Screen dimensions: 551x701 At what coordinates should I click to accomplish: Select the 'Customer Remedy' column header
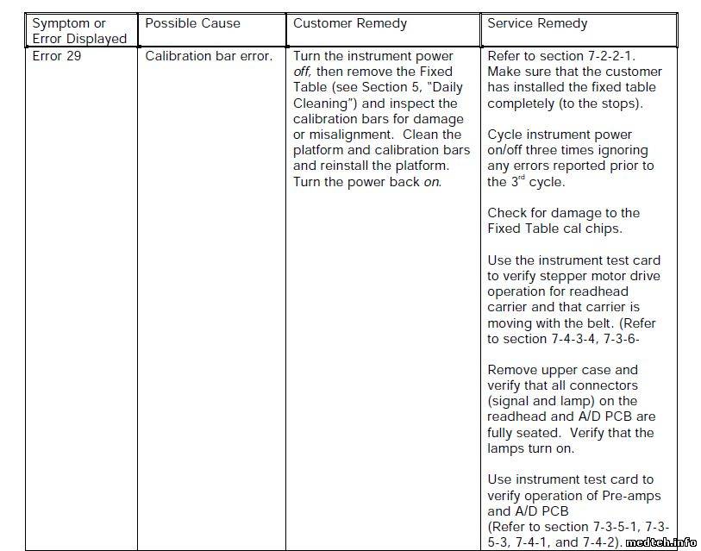pos(349,23)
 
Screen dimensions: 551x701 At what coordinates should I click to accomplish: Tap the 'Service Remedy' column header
pos(537,23)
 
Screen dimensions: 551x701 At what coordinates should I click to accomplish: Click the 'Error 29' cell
pos(58,56)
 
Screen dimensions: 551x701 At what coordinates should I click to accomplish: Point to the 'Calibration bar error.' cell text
pos(209,56)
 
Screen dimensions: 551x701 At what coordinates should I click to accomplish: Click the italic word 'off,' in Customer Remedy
pos(303,72)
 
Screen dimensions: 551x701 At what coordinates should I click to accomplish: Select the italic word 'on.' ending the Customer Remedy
pos(431,182)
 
